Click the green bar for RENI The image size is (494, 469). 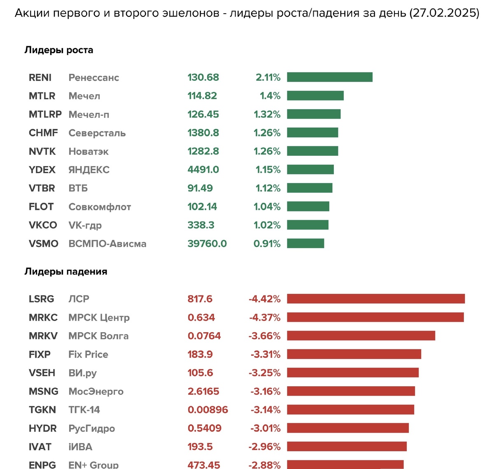pyautogui.click(x=329, y=77)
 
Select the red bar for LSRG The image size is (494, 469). pyautogui.click(x=375, y=299)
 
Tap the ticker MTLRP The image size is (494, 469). pyautogui.click(x=45, y=114)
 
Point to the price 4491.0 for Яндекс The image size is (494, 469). pyautogui.click(x=203, y=170)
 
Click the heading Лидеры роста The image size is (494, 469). pyautogui.click(x=59, y=50)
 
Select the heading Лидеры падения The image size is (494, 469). pyautogui.click(x=66, y=272)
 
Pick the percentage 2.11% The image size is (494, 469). pyautogui.click(x=268, y=77)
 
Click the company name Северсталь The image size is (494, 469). pyautogui.click(x=97, y=133)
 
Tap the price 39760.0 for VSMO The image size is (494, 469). pyautogui.click(x=207, y=244)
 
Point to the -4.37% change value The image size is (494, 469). pyautogui.click(x=265, y=317)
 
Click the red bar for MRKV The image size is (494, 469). pyautogui.click(x=361, y=335)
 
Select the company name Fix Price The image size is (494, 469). pyautogui.click(x=88, y=354)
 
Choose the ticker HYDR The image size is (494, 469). pyautogui.click(x=42, y=428)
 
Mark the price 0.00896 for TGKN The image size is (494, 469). pyautogui.click(x=207, y=410)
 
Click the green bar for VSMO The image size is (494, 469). pyautogui.click(x=305, y=243)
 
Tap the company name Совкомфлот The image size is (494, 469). pyautogui.click(x=100, y=207)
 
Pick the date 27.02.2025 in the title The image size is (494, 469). pyautogui.click(x=445, y=13)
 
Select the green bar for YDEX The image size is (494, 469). pyautogui.click(x=310, y=169)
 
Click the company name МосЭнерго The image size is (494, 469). pyautogui.click(x=96, y=392)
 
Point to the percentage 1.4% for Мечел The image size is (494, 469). pyautogui.click(x=270, y=96)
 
